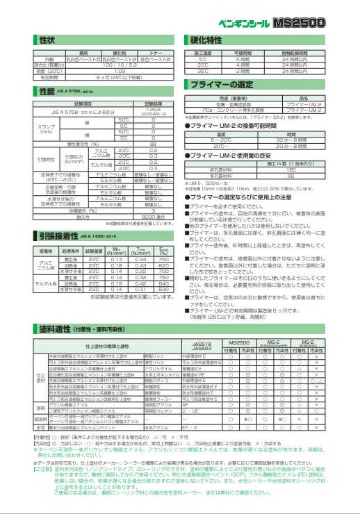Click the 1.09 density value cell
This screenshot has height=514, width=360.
pyautogui.click(x=119, y=71)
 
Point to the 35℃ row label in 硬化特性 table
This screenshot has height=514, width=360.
pyautogui.click(x=202, y=71)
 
